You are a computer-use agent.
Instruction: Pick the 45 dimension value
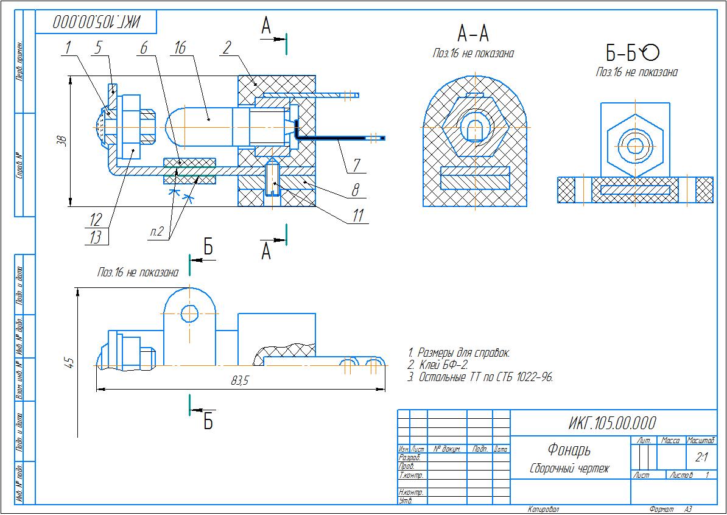pos(69,363)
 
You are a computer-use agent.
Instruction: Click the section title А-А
pos(473,33)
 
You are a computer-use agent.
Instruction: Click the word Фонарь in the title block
pos(569,450)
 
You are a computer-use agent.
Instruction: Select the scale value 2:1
pos(701,457)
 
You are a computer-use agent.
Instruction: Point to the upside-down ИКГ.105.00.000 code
pos(96,23)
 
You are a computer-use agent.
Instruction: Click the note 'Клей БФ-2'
pos(438,365)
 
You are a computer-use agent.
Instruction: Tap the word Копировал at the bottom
pos(543,509)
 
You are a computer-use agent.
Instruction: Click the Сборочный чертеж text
pos(569,469)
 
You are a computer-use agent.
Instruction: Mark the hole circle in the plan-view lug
pos(190,314)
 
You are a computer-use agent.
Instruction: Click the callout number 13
pos(96,237)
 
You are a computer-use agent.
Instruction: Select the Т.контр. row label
pos(410,474)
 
